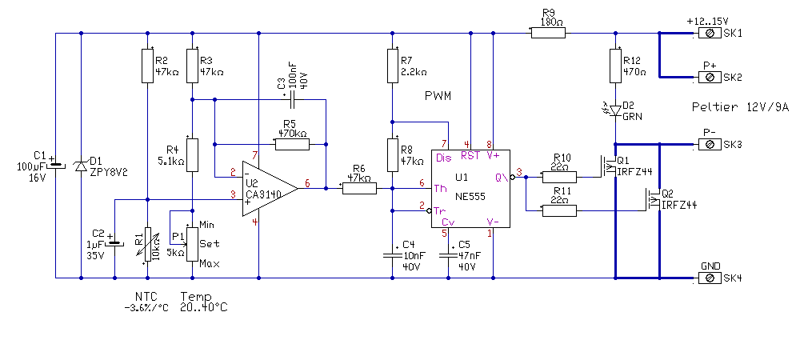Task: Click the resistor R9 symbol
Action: tap(548, 34)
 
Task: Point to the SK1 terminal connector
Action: tap(709, 34)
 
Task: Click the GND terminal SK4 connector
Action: tap(709, 278)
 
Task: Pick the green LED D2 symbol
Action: tap(615, 108)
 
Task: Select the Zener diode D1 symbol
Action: tap(81, 166)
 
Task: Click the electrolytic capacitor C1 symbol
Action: tap(55, 166)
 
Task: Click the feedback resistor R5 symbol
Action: tap(292, 145)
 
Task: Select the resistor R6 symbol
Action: tap(358, 188)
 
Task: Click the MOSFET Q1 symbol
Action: tap(608, 167)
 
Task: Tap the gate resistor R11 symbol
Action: tap(559, 210)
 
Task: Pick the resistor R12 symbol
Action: tap(615, 66)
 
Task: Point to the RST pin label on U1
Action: tap(470, 156)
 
